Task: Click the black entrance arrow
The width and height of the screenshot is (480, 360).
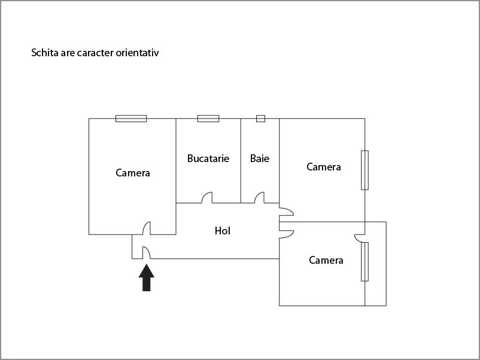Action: tap(146, 277)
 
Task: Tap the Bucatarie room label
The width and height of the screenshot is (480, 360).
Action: tap(208, 158)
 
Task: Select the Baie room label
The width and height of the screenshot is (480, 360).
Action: tap(260, 158)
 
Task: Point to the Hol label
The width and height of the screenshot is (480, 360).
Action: tap(223, 231)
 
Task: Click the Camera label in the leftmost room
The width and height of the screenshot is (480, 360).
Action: tap(133, 173)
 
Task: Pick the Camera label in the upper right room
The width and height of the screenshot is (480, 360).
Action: tap(324, 167)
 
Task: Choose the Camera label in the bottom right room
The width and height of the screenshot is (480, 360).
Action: tap(326, 260)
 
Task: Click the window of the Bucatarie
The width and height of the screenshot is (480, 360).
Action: tap(208, 118)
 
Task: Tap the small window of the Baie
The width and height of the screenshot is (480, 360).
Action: tap(260, 118)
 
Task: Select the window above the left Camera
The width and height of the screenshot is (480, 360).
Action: tap(131, 118)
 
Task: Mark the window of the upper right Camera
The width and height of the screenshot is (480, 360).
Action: tap(364, 170)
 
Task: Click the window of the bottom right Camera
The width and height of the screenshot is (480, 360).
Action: tap(364, 261)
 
